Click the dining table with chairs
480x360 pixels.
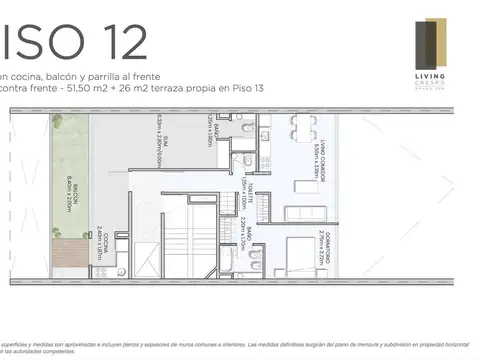(x=302, y=128)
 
